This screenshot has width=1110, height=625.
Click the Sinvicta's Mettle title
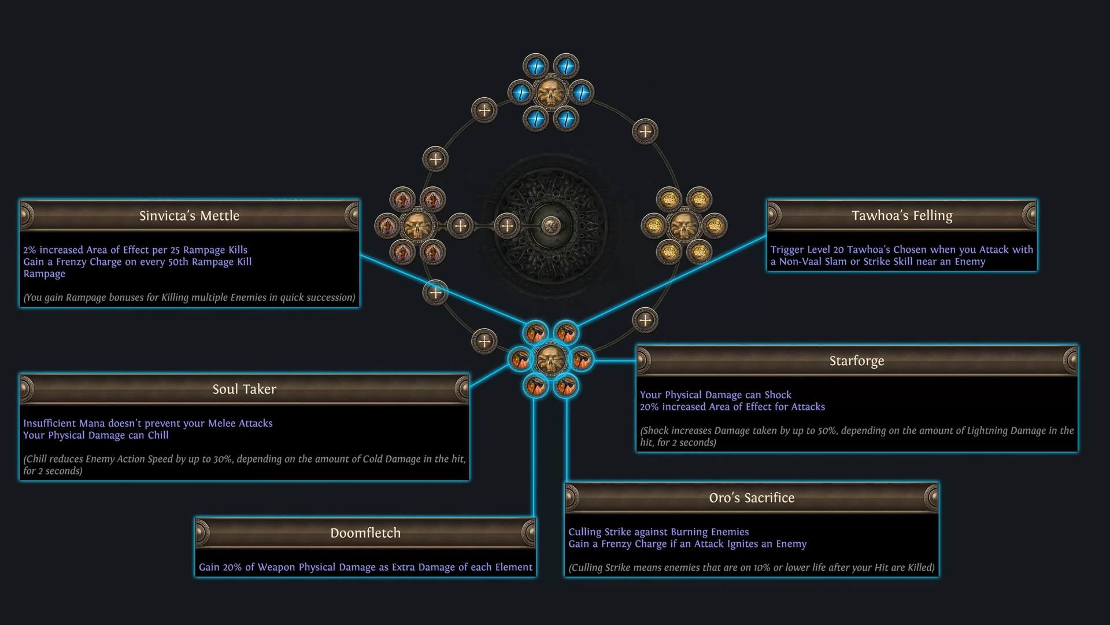(x=189, y=216)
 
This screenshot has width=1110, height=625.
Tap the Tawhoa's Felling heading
(x=902, y=216)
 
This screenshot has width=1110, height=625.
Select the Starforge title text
(x=857, y=361)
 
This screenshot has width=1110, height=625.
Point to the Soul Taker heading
(x=244, y=389)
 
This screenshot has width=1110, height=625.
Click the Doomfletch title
(x=365, y=533)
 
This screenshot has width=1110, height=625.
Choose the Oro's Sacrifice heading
(x=752, y=498)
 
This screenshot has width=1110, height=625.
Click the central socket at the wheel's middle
(x=551, y=225)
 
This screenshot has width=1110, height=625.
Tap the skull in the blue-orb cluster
(x=551, y=93)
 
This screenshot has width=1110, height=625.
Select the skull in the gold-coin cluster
(x=684, y=226)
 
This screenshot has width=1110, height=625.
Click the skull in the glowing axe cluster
(x=551, y=360)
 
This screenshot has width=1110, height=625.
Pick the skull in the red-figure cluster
(x=417, y=226)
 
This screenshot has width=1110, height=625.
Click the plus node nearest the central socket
(x=507, y=226)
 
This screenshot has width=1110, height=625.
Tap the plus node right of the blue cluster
(x=645, y=131)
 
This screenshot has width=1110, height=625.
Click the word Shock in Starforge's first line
(x=778, y=395)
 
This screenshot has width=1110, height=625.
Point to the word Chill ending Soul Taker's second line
(x=158, y=435)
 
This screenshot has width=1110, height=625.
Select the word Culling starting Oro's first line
(x=584, y=532)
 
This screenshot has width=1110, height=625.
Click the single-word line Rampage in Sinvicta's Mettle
(x=45, y=274)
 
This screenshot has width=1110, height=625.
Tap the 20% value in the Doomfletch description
(x=232, y=568)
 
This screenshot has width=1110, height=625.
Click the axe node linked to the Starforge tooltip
(x=582, y=360)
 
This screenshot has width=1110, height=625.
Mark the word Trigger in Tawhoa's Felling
(x=788, y=250)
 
